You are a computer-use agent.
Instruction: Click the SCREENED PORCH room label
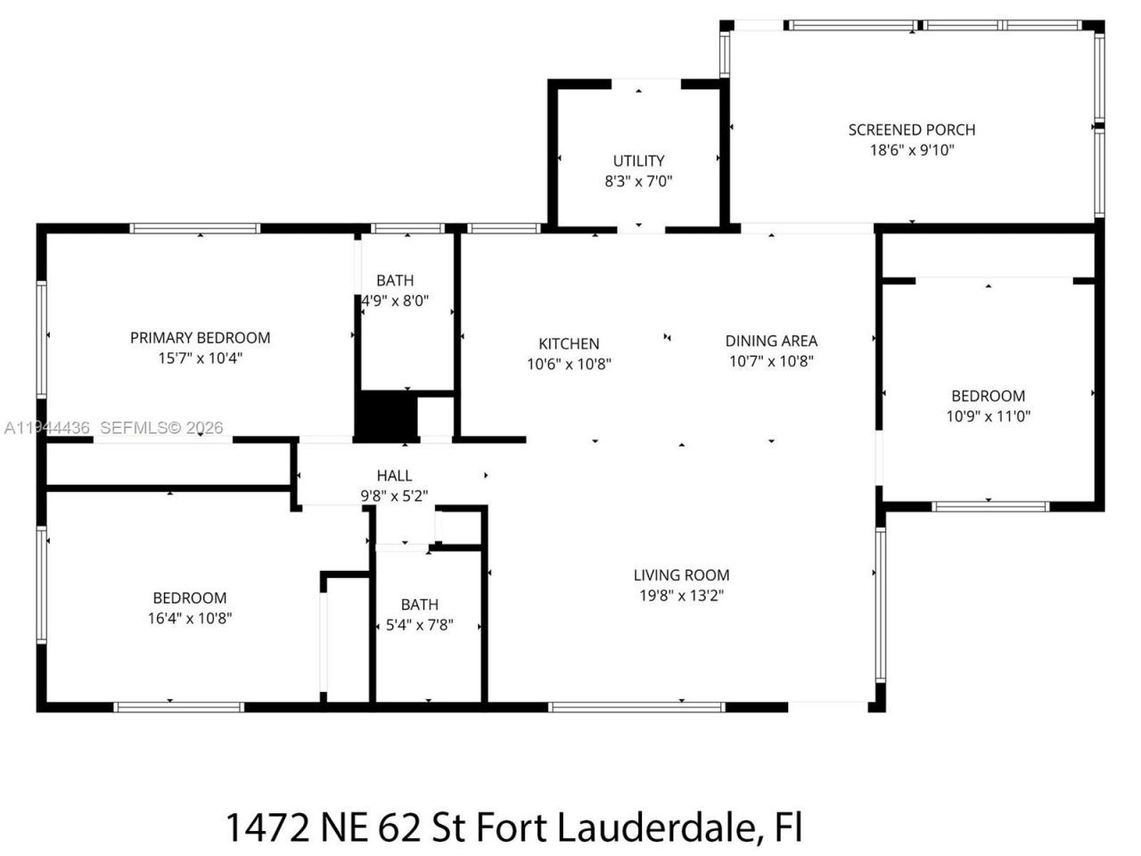[911, 129]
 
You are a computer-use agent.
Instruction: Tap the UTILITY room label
[638, 160]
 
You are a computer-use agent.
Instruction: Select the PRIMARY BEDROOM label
[200, 337]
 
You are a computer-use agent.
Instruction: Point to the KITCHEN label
[569, 343]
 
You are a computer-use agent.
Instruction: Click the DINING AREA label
[771, 341]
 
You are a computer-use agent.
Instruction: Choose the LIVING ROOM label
[681, 575]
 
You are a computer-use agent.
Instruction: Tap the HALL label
[394, 475]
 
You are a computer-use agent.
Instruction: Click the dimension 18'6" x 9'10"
[911, 150]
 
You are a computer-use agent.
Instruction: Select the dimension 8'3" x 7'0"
[638, 181]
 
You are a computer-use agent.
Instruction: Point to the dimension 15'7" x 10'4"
[200, 358]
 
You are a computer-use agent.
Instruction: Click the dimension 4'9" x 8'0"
[395, 300]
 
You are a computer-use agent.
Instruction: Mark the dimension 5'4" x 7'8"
[419, 625]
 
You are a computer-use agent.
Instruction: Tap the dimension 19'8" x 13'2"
[681, 596]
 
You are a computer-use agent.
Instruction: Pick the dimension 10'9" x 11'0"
[988, 416]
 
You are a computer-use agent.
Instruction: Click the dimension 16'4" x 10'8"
[190, 618]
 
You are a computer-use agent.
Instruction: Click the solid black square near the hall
[386, 416]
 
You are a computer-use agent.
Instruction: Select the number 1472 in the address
[267, 827]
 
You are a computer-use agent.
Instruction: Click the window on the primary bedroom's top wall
[195, 228]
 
